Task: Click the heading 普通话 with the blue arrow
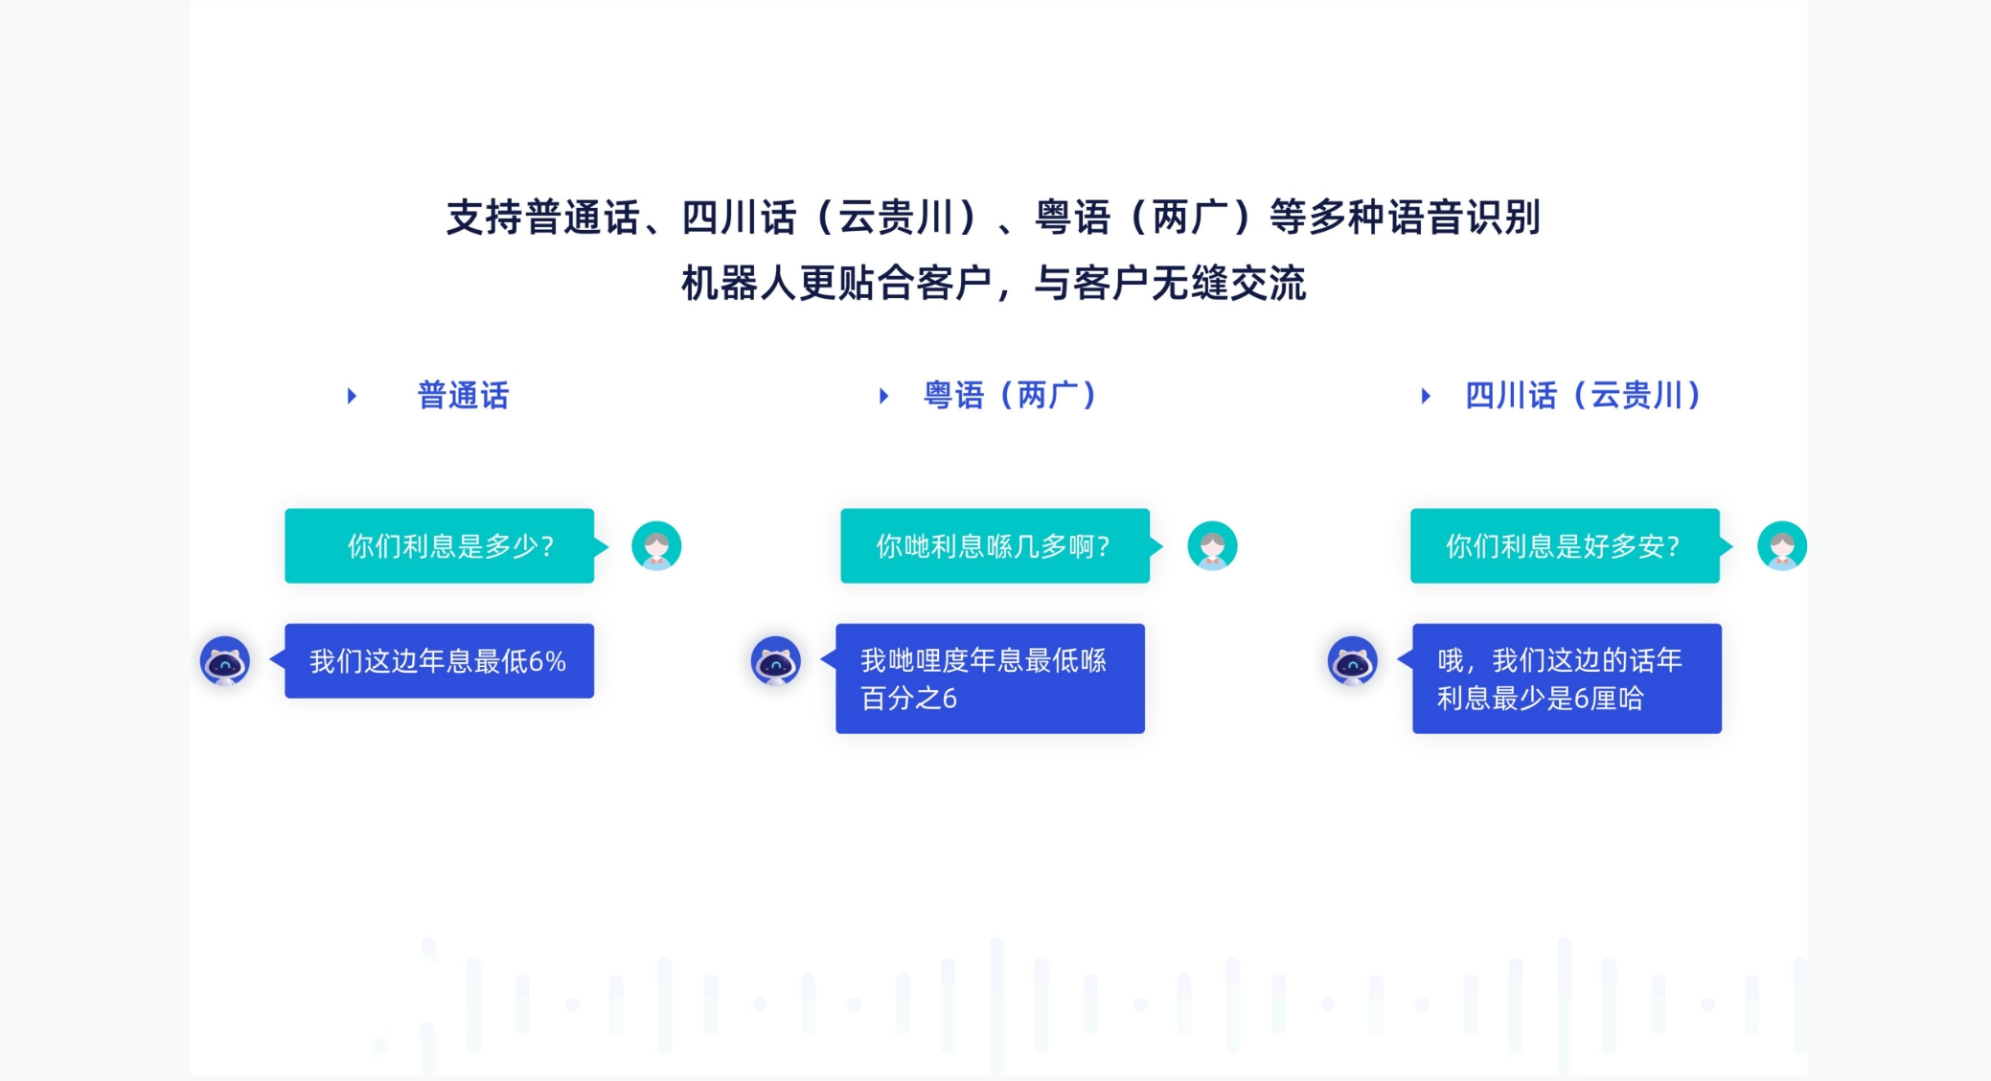point(464,395)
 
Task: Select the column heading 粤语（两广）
point(1010,395)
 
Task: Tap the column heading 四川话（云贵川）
point(1583,395)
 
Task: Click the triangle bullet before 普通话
point(352,396)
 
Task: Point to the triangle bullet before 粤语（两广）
point(883,396)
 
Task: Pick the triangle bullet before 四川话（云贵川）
point(1426,396)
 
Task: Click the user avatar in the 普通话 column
point(656,546)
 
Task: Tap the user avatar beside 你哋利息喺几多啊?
point(1212,546)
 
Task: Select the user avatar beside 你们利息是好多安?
point(1782,546)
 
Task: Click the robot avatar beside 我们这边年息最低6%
point(225,661)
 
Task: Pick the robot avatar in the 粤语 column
point(776,661)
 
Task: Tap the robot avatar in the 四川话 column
point(1353,661)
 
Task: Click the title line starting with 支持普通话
point(994,218)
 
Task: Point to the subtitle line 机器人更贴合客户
point(994,284)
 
